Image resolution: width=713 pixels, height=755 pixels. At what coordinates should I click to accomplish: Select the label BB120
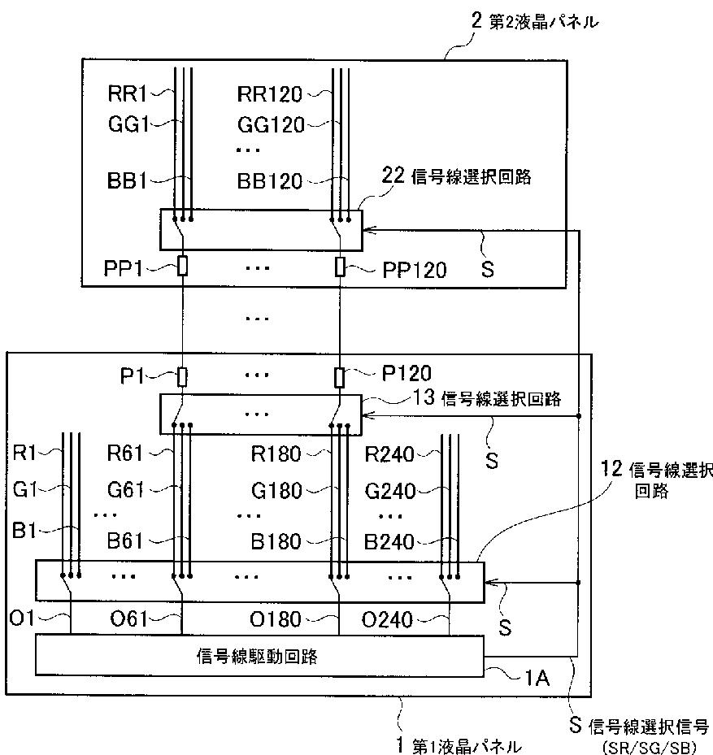pyautogui.click(x=269, y=181)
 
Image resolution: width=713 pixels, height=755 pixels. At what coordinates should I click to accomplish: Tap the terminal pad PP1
pyautogui.click(x=182, y=267)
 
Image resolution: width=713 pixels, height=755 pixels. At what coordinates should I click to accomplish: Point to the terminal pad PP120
pyautogui.click(x=340, y=267)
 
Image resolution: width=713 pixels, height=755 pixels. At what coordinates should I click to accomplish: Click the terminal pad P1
pyautogui.click(x=182, y=377)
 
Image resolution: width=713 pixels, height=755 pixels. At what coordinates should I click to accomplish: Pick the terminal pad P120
pyautogui.click(x=340, y=378)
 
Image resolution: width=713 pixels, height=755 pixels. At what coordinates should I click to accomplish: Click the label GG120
pyautogui.click(x=271, y=125)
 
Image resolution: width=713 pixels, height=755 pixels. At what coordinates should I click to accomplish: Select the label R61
pyautogui.click(x=124, y=453)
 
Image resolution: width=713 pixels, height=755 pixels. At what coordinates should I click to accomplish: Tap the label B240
pyautogui.click(x=389, y=542)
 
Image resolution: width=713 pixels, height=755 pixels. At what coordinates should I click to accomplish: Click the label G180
pyautogui.click(x=276, y=491)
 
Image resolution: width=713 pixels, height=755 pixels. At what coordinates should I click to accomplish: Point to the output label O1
pyautogui.click(x=22, y=618)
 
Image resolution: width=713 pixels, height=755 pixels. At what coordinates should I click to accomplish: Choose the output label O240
pyautogui.click(x=387, y=620)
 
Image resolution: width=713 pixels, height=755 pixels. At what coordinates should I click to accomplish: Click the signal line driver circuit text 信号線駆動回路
pyautogui.click(x=257, y=657)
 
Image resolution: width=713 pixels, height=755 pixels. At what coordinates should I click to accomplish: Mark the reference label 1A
pyautogui.click(x=537, y=679)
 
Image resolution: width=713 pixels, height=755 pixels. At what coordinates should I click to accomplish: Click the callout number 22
pyautogui.click(x=393, y=176)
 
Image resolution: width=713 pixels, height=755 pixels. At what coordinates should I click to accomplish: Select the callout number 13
pyautogui.click(x=424, y=397)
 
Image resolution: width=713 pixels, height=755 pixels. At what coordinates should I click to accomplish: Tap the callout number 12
pyautogui.click(x=612, y=468)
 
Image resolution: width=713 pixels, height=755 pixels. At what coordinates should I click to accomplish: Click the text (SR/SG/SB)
pyautogui.click(x=650, y=748)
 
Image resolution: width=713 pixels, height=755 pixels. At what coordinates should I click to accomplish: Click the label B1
pyautogui.click(x=24, y=531)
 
